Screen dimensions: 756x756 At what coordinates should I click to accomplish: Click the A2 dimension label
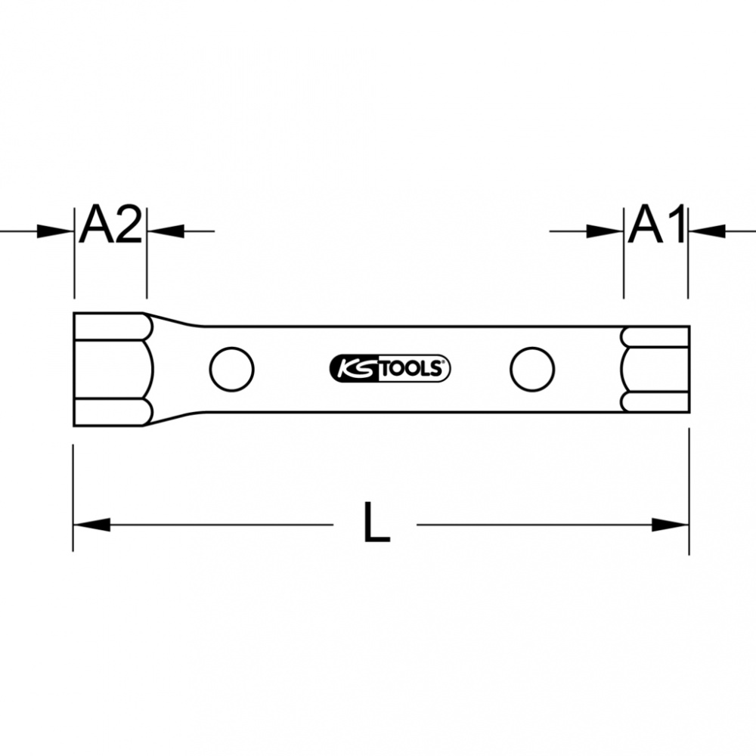[111, 225]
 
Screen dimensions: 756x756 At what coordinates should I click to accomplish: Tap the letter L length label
[376, 522]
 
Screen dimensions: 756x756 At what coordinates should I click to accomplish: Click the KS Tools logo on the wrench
[389, 370]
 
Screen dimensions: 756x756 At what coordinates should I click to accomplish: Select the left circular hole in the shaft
[232, 370]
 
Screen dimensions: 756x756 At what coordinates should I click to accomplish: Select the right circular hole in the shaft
[532, 370]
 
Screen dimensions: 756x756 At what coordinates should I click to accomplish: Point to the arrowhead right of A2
[166, 231]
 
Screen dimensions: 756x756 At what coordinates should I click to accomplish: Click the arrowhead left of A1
[605, 231]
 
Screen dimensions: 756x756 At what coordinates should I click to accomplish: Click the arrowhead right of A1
[708, 231]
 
